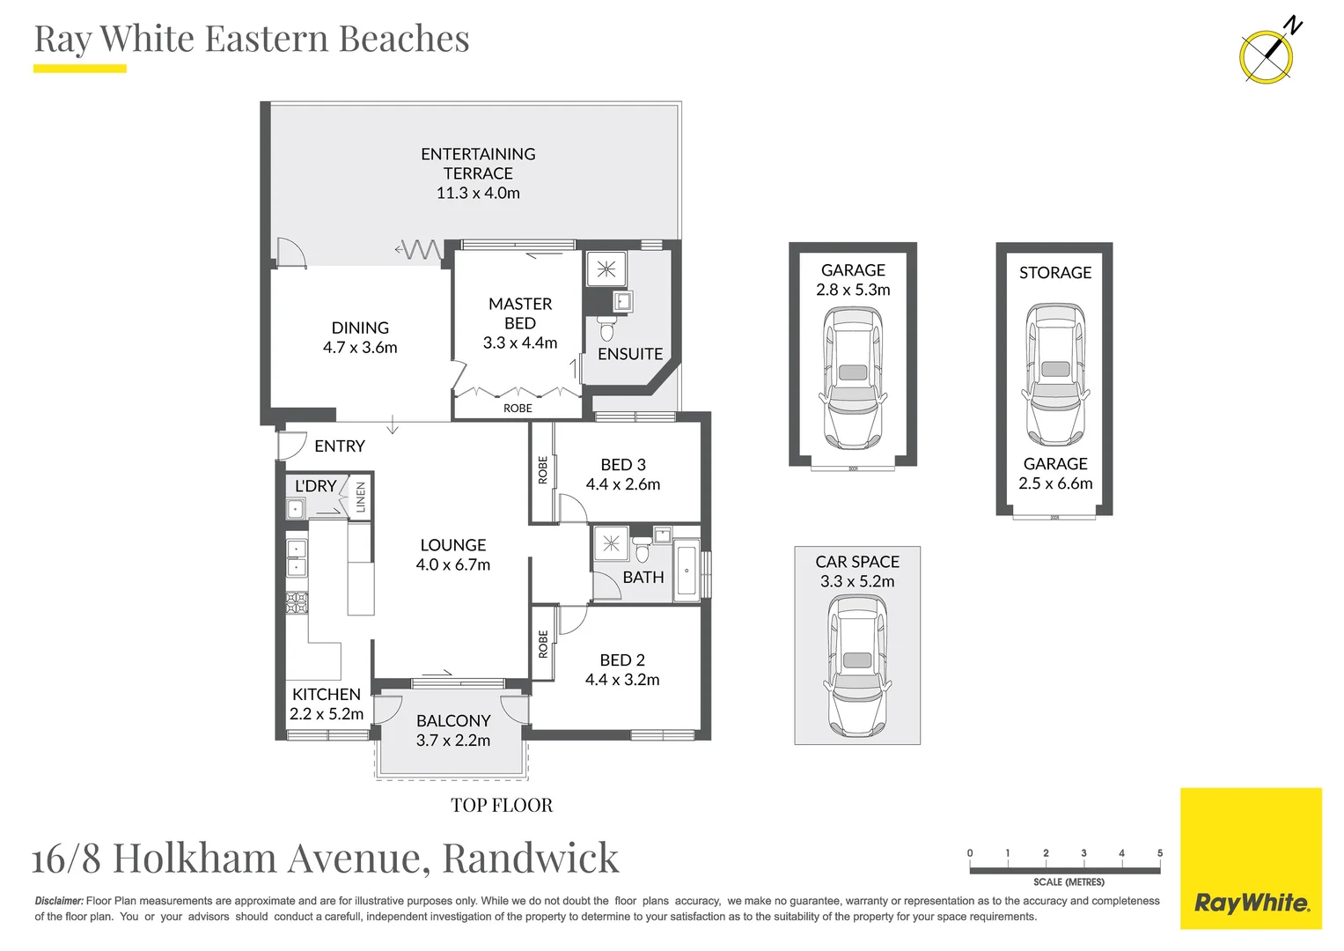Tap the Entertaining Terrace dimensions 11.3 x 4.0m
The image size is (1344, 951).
(478, 193)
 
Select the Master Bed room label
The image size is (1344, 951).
(520, 313)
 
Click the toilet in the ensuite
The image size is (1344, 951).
(606, 330)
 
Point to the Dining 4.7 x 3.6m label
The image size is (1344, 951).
(360, 337)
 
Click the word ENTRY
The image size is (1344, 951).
(340, 446)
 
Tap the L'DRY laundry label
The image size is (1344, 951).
(315, 486)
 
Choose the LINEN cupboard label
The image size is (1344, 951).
(360, 497)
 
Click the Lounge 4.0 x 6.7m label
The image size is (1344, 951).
(453, 555)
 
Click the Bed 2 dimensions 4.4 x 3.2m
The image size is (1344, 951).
(622, 680)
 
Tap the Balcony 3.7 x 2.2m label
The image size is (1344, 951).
(453, 731)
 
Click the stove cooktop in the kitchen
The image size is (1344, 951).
(297, 602)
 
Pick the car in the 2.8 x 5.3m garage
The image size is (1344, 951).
(852, 379)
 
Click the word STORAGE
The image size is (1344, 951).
(1055, 273)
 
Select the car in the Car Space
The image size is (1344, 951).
(857, 666)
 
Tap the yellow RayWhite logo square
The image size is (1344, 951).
(1251, 859)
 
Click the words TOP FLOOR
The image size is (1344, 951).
(502, 806)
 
